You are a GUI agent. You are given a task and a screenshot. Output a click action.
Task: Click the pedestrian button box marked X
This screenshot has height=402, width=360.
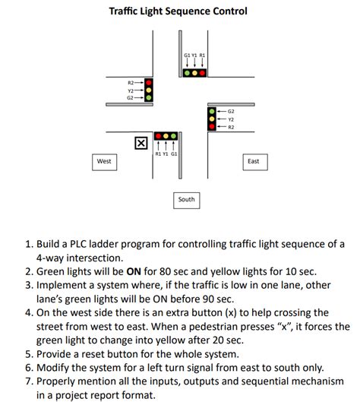141,143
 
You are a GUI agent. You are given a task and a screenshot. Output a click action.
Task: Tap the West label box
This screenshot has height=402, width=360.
104,161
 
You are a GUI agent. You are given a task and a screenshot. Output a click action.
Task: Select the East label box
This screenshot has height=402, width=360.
253,161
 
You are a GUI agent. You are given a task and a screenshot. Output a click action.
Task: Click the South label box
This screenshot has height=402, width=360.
186,199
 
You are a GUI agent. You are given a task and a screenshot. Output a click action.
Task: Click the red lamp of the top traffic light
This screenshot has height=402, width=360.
203,73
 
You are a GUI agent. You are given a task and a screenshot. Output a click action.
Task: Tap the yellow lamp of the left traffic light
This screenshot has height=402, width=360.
150,90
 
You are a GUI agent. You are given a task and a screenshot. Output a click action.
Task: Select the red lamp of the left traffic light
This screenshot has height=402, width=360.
150,81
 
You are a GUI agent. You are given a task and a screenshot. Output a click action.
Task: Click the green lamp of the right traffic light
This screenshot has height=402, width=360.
211,111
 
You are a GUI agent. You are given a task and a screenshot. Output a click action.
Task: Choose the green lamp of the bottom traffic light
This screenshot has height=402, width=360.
175,137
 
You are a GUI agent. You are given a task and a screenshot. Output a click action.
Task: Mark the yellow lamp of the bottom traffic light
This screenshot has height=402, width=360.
166,137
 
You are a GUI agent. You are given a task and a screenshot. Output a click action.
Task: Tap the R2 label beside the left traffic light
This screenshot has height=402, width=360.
131,81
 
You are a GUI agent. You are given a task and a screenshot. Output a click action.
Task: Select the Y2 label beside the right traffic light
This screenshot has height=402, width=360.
231,119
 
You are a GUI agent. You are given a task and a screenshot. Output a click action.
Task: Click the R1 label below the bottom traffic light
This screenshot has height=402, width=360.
157,154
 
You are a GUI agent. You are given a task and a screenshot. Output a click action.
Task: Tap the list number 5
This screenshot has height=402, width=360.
30,354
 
